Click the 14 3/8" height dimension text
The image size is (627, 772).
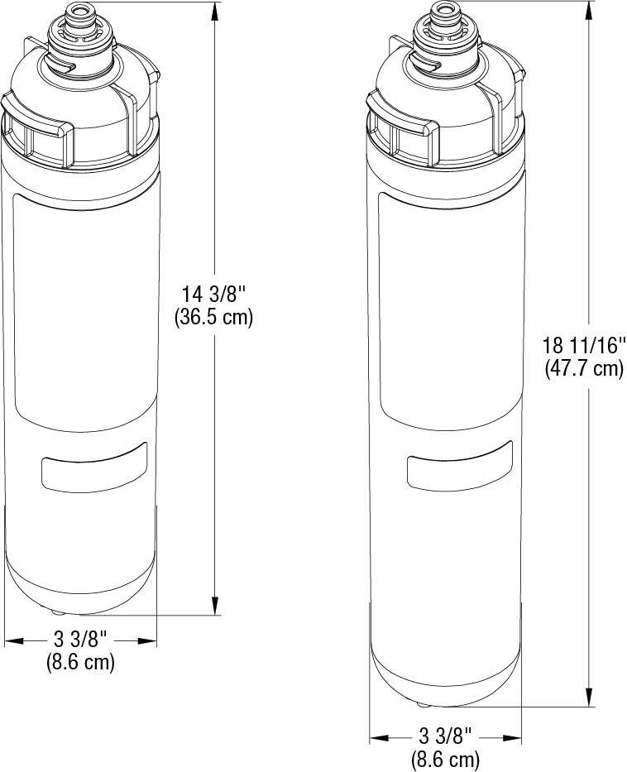(213, 293)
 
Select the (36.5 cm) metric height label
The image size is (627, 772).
(213, 316)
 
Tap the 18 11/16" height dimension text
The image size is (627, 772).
(584, 344)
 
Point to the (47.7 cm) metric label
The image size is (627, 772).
(584, 368)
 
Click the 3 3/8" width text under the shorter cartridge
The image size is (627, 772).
(80, 640)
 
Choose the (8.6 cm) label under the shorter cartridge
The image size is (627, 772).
(80, 662)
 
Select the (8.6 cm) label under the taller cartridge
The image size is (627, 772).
(446, 757)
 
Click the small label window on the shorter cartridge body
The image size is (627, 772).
(93, 467)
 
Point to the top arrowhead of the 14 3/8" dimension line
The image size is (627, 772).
(216, 10)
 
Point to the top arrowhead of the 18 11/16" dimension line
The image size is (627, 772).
(589, 10)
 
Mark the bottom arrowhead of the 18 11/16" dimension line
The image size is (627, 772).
(589, 699)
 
